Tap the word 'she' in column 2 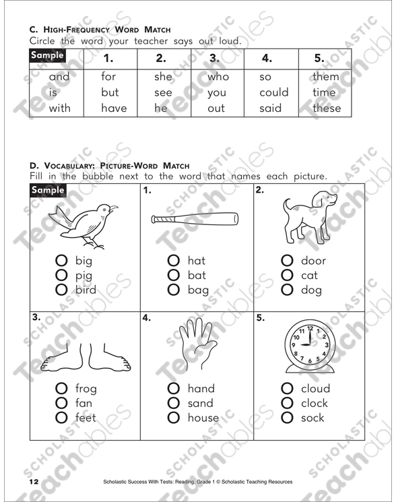click(x=164, y=77)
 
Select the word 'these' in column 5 click(x=327, y=108)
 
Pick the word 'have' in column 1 click(x=114, y=108)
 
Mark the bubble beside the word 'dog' click(x=287, y=290)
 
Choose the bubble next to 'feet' click(x=61, y=418)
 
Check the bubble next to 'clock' click(x=287, y=403)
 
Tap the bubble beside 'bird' click(x=61, y=290)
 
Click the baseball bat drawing click(x=195, y=219)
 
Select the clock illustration click(x=307, y=345)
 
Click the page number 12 click(x=34, y=482)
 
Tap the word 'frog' click(x=87, y=389)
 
